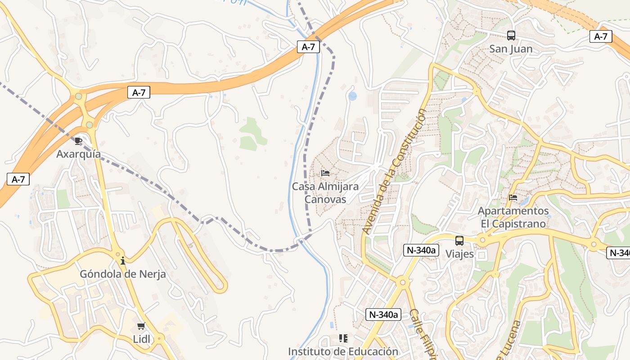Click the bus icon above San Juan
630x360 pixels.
[x=511, y=35]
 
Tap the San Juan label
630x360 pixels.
[x=511, y=49]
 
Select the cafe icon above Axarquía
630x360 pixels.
[x=78, y=141]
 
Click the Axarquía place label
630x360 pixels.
[x=78, y=154]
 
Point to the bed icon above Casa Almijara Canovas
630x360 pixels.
[x=325, y=173]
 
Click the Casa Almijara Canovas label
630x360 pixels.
[x=325, y=193]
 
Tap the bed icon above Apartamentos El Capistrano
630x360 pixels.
[x=513, y=197]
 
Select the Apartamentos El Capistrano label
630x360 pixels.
[x=513, y=217]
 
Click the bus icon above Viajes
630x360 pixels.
[x=459, y=240]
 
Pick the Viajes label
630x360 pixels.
[x=459, y=254]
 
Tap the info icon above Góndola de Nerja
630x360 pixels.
[x=123, y=261]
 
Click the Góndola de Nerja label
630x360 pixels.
[x=123, y=274]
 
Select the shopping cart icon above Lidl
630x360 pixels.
[x=141, y=326]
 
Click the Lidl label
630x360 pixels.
[x=141, y=339]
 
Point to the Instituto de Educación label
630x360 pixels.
[x=343, y=351]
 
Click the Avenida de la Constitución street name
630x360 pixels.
[x=394, y=171]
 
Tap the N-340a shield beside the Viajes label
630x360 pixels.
[x=421, y=250]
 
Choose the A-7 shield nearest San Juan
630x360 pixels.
[x=601, y=36]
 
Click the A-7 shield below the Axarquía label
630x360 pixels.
[x=18, y=179]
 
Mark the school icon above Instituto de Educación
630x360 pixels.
[x=343, y=338]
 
